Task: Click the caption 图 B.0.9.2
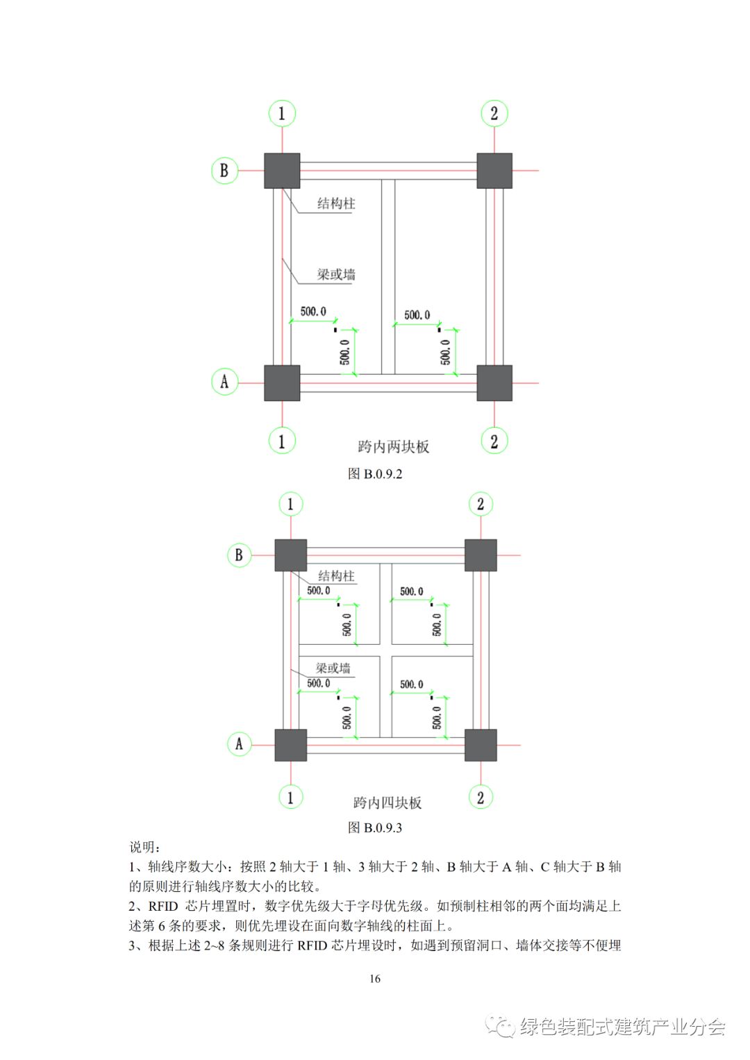tap(375, 474)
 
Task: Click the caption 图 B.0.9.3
tap(375, 827)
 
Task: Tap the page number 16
tap(375, 979)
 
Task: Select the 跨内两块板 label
tap(394, 446)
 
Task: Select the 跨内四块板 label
tap(387, 802)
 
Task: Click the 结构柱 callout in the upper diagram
tap(336, 203)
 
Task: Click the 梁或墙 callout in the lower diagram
tap(333, 668)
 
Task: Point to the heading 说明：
tap(145, 847)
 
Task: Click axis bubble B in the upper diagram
tap(224, 171)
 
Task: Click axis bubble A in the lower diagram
tap(239, 744)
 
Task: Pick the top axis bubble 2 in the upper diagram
tap(494, 113)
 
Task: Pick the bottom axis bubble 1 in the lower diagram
tap(290, 797)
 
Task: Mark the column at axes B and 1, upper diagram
tap(282, 171)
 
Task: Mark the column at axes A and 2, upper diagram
tap(494, 382)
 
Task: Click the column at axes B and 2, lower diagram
tap(481, 555)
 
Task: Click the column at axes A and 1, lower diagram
tap(290, 745)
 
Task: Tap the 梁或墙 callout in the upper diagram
tap(336, 274)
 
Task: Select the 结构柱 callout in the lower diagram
tap(336, 575)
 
